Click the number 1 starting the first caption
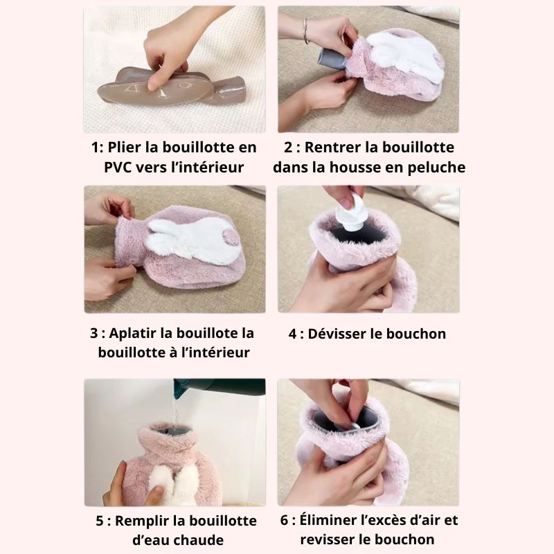click(94, 148)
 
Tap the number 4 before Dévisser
click(292, 334)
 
